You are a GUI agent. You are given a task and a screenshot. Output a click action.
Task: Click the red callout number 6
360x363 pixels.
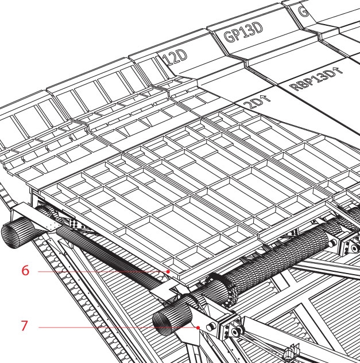[25, 270]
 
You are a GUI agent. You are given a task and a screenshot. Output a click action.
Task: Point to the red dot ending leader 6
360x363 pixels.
[168, 270]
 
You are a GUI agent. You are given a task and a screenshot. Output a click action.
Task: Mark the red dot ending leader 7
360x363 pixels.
[199, 327]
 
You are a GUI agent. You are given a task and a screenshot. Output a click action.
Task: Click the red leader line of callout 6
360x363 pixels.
[103, 270]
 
